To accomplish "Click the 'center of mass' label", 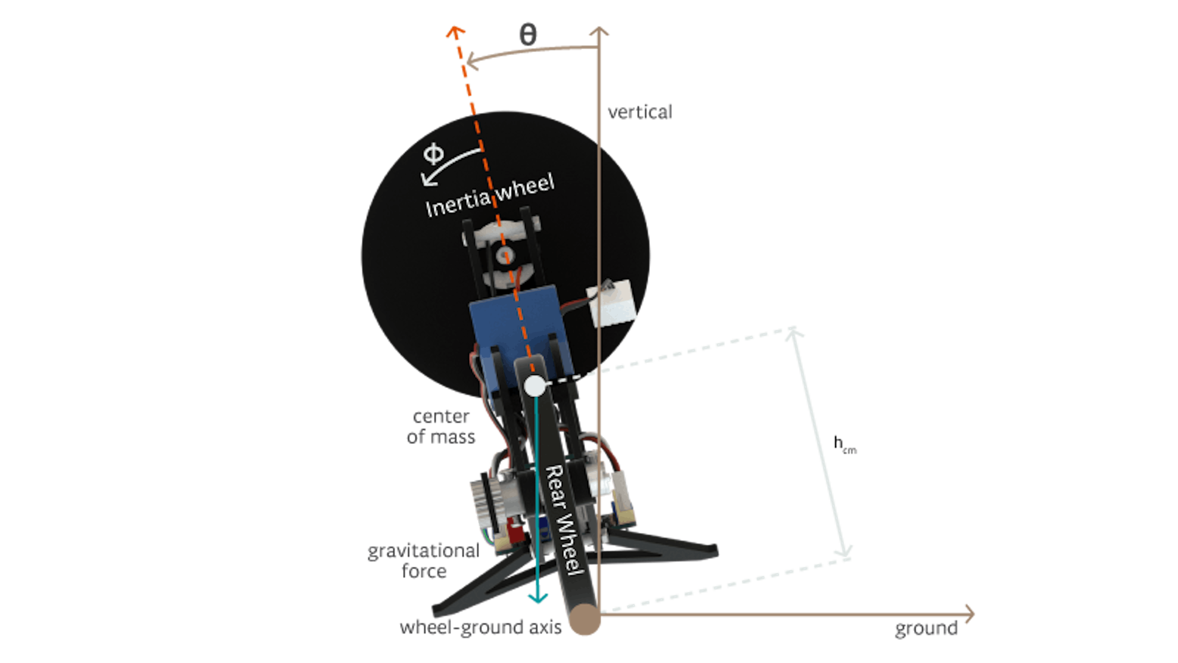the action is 441,426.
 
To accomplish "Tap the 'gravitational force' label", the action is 423,560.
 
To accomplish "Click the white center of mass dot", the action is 534,386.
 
